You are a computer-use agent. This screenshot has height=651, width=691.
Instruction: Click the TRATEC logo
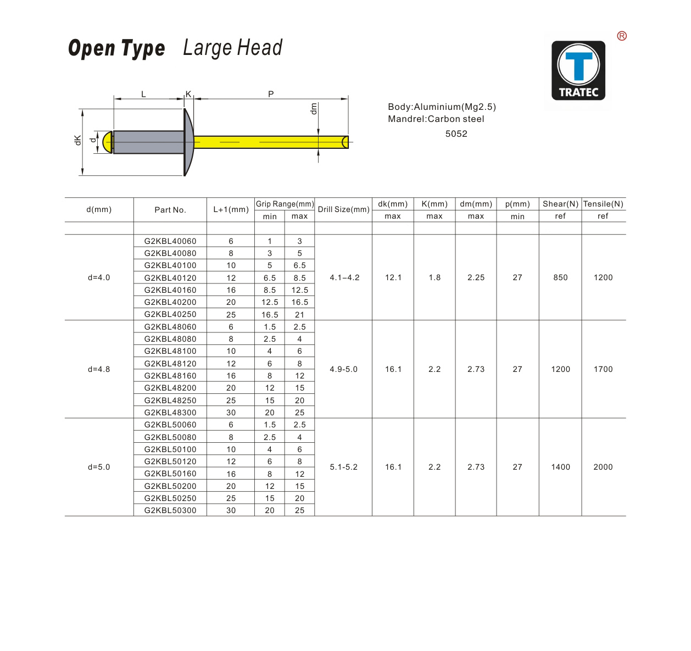click(x=578, y=70)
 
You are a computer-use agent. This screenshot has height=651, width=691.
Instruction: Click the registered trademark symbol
click(x=622, y=36)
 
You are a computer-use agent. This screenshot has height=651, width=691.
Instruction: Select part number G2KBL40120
click(x=170, y=278)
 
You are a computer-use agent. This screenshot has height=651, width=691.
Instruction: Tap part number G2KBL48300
click(x=170, y=413)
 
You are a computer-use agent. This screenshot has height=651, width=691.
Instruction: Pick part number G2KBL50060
click(x=170, y=425)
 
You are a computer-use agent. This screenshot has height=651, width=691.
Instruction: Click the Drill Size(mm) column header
click(x=343, y=209)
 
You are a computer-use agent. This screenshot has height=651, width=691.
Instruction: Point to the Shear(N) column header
click(x=560, y=204)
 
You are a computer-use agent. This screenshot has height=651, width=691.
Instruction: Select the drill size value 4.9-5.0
click(x=343, y=369)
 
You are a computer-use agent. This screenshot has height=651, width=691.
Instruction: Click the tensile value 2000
click(x=603, y=467)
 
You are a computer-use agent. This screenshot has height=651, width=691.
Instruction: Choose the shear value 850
click(x=560, y=277)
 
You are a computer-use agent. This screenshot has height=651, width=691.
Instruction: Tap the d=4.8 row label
click(x=99, y=369)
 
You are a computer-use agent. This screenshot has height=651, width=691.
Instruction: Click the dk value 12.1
click(x=393, y=277)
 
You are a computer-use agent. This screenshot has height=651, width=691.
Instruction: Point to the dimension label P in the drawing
click(x=271, y=94)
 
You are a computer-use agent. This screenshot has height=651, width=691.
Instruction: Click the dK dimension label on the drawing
click(x=77, y=141)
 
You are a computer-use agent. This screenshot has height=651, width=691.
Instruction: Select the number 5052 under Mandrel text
click(x=456, y=133)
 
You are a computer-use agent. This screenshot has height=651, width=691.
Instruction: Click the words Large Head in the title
click(x=232, y=48)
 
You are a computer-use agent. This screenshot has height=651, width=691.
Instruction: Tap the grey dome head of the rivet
click(x=188, y=142)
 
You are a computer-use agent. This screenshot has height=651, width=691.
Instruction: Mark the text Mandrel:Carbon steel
click(x=436, y=119)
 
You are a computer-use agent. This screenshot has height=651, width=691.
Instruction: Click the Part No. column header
click(x=170, y=210)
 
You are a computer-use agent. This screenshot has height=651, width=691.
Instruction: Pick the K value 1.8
click(x=434, y=277)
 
